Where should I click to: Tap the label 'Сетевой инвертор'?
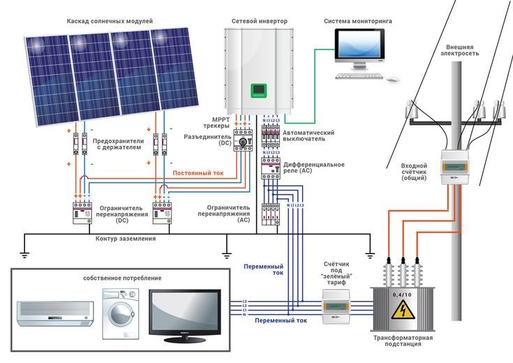pos(259,21)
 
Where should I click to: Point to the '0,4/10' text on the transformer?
pos(401,295)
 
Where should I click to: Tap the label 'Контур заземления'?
pos(126,239)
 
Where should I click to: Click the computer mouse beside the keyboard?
pos(394,77)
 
